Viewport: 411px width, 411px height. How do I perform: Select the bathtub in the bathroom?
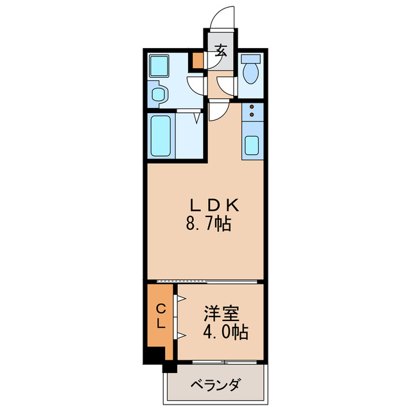tap(161, 136)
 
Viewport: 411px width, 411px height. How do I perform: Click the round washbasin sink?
tap(158, 95)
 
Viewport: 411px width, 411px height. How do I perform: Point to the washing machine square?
tap(158, 65)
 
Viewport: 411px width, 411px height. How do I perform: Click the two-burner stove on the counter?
tap(252, 112)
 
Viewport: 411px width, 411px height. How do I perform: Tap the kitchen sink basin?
tap(252, 146)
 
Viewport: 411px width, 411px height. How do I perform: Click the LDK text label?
tap(214, 206)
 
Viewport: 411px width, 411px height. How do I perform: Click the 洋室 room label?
tap(222, 315)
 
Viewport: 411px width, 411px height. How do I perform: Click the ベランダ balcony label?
tap(216, 385)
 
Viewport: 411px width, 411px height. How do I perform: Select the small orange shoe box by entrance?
tap(198, 62)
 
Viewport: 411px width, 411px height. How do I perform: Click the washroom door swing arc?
tap(195, 85)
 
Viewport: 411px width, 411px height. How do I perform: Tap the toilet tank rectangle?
tap(250, 60)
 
